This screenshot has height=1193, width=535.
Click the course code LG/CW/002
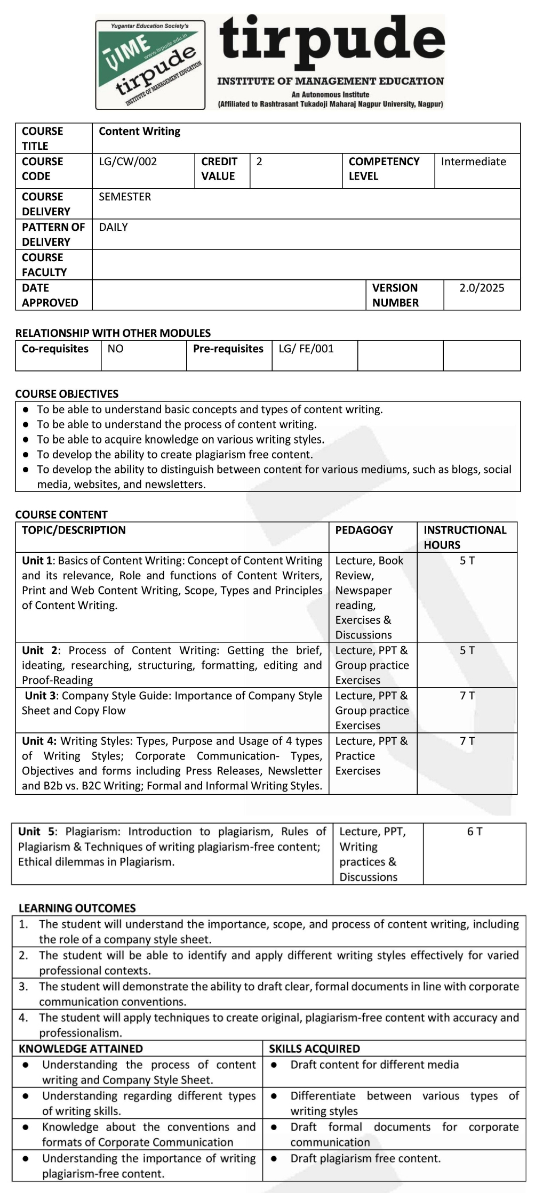(x=128, y=162)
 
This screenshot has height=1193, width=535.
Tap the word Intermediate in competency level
(x=473, y=162)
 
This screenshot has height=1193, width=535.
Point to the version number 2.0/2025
(x=482, y=288)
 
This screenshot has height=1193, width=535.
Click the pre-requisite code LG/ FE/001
(x=306, y=349)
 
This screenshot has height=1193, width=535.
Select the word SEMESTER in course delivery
(x=125, y=197)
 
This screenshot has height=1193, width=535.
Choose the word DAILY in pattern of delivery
(x=114, y=227)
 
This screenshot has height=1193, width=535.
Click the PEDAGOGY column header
(x=364, y=530)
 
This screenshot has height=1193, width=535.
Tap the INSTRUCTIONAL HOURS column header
(x=465, y=537)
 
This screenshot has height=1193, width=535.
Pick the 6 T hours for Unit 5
(x=475, y=832)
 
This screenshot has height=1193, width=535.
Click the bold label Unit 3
(x=42, y=696)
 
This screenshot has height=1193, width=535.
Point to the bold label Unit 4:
(x=39, y=741)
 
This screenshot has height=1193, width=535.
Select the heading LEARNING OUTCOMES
(x=77, y=908)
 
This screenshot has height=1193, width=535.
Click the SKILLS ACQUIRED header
(x=314, y=1049)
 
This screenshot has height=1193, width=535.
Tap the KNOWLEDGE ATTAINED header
(x=81, y=1049)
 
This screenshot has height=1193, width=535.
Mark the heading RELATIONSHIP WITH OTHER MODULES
(x=113, y=333)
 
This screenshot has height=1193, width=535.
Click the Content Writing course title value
(x=140, y=131)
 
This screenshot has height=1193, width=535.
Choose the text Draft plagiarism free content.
(x=365, y=1158)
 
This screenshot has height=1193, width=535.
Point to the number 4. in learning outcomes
(x=23, y=1018)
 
